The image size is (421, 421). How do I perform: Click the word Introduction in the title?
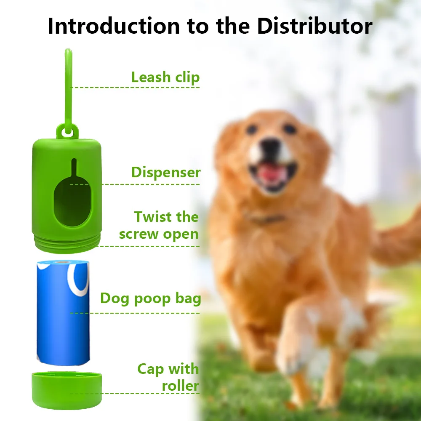coord(114,26)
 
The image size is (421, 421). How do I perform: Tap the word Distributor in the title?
coord(314,26)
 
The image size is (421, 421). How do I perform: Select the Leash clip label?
coord(165,77)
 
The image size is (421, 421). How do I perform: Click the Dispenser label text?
coord(166,172)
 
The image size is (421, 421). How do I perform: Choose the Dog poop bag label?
coord(151,298)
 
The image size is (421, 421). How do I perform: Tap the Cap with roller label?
coord(168,377)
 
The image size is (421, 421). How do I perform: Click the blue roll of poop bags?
coord(63,313)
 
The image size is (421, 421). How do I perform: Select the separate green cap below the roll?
coord(67,390)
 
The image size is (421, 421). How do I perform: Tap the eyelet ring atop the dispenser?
coord(67,132)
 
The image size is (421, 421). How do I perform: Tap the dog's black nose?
coord(271,147)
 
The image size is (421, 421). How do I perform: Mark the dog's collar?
coord(266,219)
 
